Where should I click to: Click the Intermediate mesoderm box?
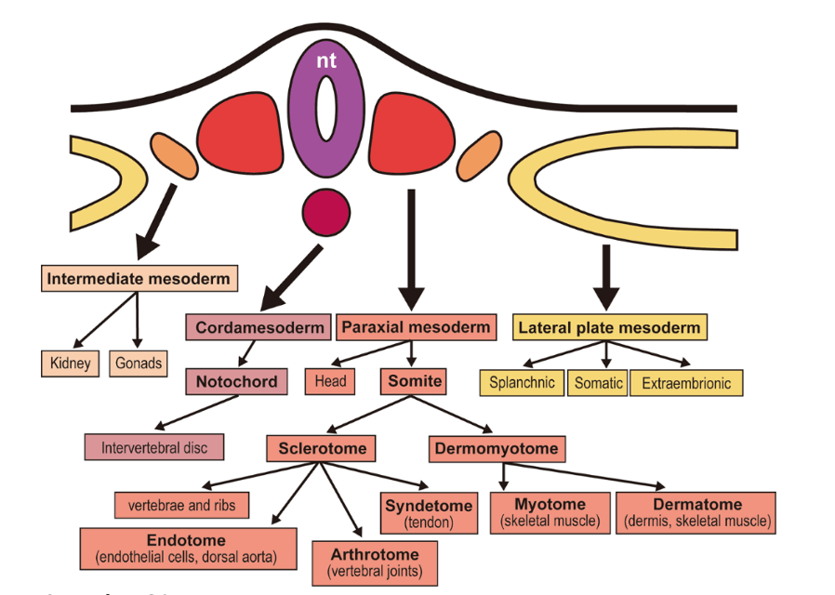[138, 278]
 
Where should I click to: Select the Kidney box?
[71, 363]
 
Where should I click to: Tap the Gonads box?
[139, 363]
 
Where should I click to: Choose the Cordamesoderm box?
[259, 327]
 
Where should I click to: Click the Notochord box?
[236, 381]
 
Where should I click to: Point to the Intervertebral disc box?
[154, 447]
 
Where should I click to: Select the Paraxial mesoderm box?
[415, 326]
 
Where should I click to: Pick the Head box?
[330, 380]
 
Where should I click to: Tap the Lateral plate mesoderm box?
[609, 327]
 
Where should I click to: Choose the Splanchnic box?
[523, 382]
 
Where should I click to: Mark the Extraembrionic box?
[686, 383]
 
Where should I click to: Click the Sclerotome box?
[323, 449]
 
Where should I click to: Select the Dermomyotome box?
[497, 449]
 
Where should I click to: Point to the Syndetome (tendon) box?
[429, 513]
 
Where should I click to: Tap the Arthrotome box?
[374, 562]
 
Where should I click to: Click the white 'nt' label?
[325, 61]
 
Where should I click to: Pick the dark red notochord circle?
[326, 212]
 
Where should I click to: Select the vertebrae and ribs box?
[182, 505]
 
